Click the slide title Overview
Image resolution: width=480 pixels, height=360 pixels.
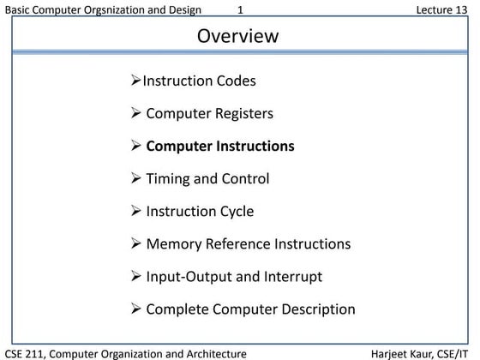point(238,36)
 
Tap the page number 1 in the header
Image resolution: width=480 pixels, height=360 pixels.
point(241,9)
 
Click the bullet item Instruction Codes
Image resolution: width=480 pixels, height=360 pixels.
point(199,81)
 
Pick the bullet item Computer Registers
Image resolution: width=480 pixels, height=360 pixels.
point(210,113)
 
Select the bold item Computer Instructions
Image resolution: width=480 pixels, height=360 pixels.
point(220,146)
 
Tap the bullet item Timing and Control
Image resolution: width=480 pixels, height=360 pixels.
point(207,178)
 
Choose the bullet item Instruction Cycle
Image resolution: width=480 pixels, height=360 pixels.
point(200,211)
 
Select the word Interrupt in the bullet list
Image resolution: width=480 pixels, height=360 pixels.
point(293,277)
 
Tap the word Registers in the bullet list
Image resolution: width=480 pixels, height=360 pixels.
point(243,113)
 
